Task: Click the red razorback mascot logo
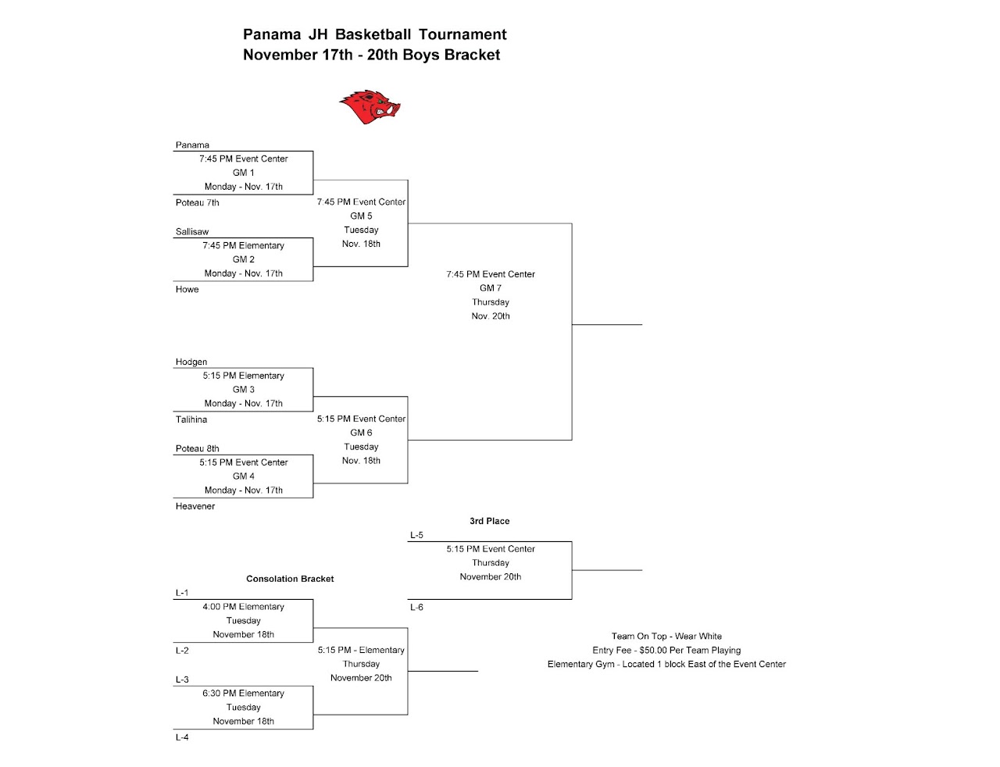pos(370,107)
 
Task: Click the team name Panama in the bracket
pos(192,145)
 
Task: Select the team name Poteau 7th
pos(197,203)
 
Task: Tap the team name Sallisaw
pos(192,232)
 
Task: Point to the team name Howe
pos(187,290)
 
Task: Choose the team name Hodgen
pos(191,362)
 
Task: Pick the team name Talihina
pos(191,420)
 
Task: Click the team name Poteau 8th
pos(197,449)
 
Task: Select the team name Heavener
pos(195,507)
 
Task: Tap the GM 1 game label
pos(244,173)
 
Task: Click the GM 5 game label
pos(361,216)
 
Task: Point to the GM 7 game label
pos(491,288)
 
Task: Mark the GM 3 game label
pos(244,390)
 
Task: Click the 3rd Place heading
pos(490,521)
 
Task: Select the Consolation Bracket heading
pos(290,579)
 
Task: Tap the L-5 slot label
pos(416,536)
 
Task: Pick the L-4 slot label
pos(182,738)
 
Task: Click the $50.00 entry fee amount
pos(652,651)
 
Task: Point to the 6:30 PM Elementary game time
pos(244,694)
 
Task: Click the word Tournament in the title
pos(462,34)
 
